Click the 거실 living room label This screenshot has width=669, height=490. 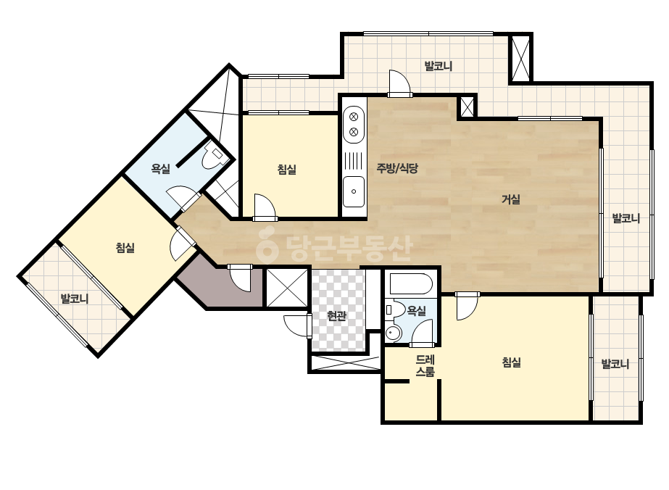point(511,199)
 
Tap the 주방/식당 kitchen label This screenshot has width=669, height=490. point(397,168)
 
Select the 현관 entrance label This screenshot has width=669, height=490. point(336,316)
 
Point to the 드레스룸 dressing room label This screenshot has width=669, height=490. point(425,366)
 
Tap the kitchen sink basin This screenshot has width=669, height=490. point(354,191)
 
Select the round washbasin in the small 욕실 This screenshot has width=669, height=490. point(393,333)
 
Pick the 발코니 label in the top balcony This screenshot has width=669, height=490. point(439,66)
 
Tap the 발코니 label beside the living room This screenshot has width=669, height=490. point(626,218)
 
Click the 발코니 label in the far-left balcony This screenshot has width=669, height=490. point(74,299)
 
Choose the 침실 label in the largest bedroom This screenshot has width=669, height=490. point(511,363)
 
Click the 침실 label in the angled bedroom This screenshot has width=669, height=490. point(125,248)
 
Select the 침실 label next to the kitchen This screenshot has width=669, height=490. point(287,170)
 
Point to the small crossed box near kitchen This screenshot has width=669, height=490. point(468,107)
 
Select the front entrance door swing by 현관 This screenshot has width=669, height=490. point(296,326)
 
